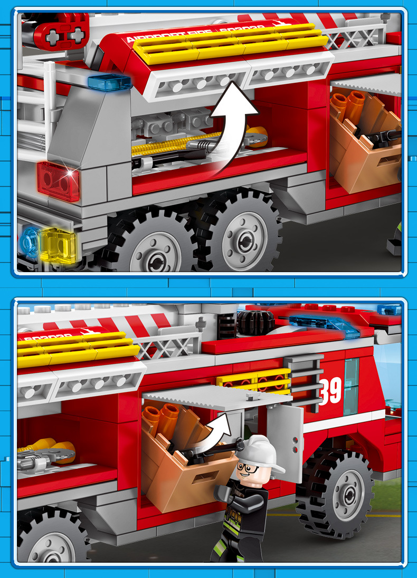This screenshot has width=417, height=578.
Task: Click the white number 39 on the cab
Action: click(330, 390)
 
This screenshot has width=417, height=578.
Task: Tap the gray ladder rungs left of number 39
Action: click(305, 382)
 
